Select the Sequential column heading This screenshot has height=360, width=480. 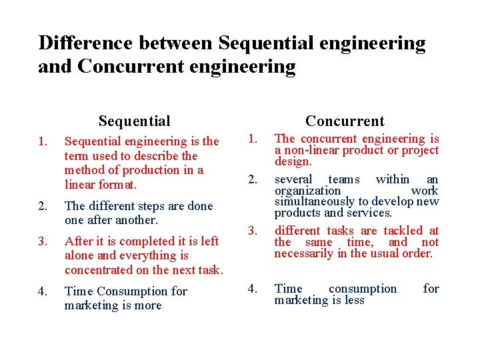point(134,121)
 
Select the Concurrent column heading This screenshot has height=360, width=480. point(345,121)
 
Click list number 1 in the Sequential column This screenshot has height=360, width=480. point(43,141)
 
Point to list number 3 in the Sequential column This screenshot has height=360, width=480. point(43,241)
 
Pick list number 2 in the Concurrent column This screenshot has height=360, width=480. point(253,179)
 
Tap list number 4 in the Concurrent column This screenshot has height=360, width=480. point(253,289)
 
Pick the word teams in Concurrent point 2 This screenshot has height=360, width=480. point(344,179)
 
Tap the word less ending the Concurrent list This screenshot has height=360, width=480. point(354,300)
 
